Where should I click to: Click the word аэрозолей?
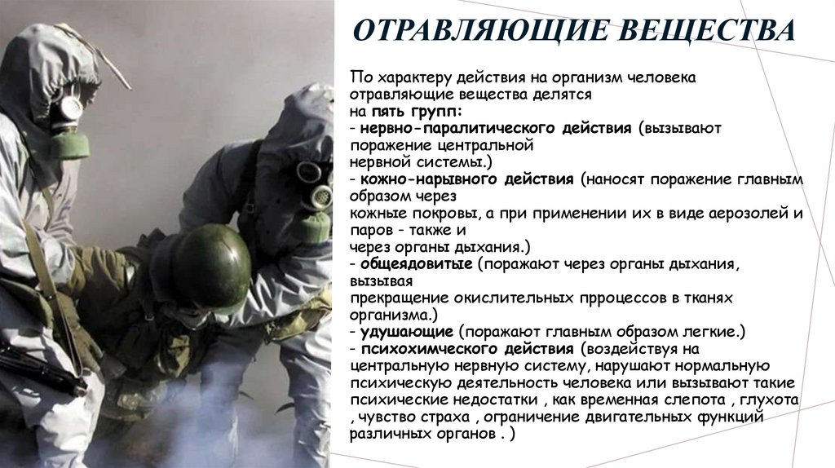tap(738, 213)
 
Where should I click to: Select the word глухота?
tap(769, 400)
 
